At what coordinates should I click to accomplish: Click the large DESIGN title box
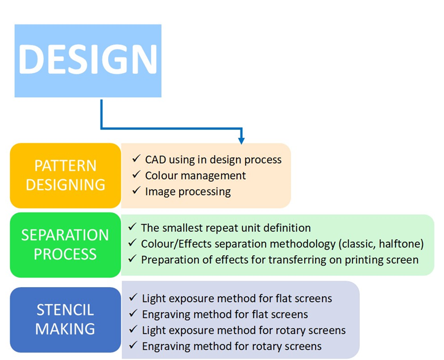click(x=88, y=60)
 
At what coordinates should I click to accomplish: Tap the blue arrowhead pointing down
click(x=241, y=139)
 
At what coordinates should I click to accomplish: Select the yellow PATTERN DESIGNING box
click(x=65, y=175)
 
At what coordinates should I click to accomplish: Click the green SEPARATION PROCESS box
click(x=65, y=245)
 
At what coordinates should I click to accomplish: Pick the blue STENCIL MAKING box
click(x=65, y=320)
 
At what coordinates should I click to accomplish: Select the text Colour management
click(x=195, y=176)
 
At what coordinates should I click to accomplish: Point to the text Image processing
click(x=188, y=192)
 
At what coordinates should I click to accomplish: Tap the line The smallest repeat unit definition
click(x=226, y=228)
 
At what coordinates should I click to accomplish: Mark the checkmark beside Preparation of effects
click(x=131, y=259)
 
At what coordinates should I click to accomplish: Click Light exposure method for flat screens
click(x=236, y=299)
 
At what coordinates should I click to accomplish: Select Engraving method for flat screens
click(x=225, y=315)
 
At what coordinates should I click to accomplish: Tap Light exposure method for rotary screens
click(x=243, y=330)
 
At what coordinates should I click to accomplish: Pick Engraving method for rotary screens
click(x=231, y=346)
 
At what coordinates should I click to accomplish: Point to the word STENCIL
click(x=65, y=311)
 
